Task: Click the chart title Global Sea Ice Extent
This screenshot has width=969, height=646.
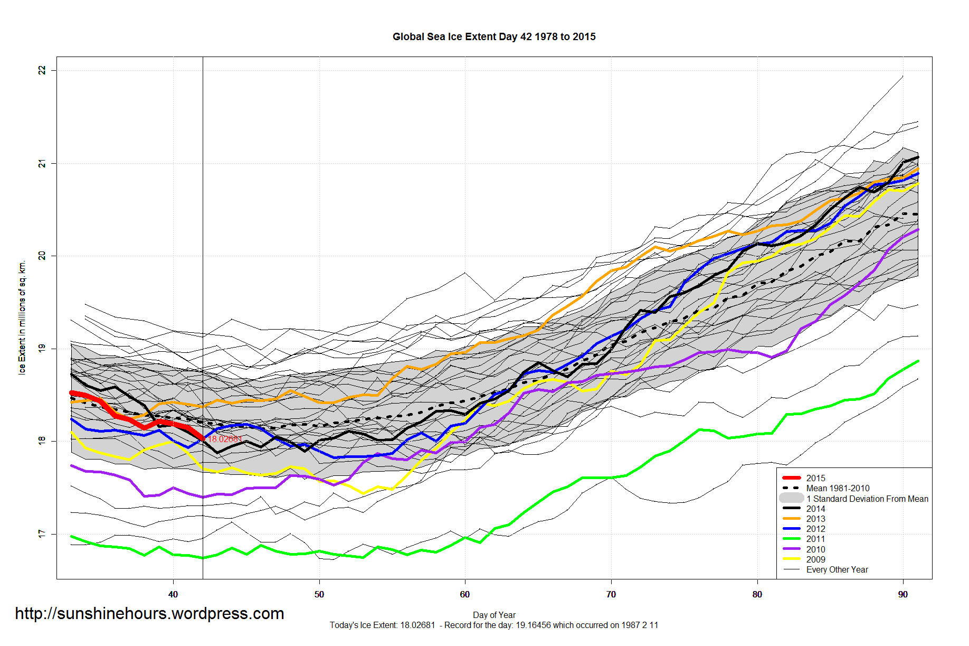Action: point(493,37)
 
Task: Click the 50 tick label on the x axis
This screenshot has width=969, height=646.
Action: point(319,595)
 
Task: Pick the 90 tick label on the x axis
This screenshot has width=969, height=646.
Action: point(903,595)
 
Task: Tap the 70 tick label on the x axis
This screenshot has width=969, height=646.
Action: point(611,595)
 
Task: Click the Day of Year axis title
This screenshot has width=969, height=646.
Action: point(494,615)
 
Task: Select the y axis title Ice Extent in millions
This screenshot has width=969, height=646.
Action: point(22,317)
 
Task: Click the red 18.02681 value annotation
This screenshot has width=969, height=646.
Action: point(225,439)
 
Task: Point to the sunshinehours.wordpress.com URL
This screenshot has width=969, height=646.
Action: point(149,614)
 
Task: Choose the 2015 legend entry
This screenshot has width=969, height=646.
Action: point(815,478)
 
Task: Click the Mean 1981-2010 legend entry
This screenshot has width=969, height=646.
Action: point(838,488)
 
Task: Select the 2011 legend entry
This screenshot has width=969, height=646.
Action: point(815,539)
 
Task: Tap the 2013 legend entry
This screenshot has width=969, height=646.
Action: point(815,519)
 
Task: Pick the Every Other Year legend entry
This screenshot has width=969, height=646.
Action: point(837,569)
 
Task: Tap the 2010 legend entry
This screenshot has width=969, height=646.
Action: point(815,549)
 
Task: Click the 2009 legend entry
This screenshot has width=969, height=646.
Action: point(815,559)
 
